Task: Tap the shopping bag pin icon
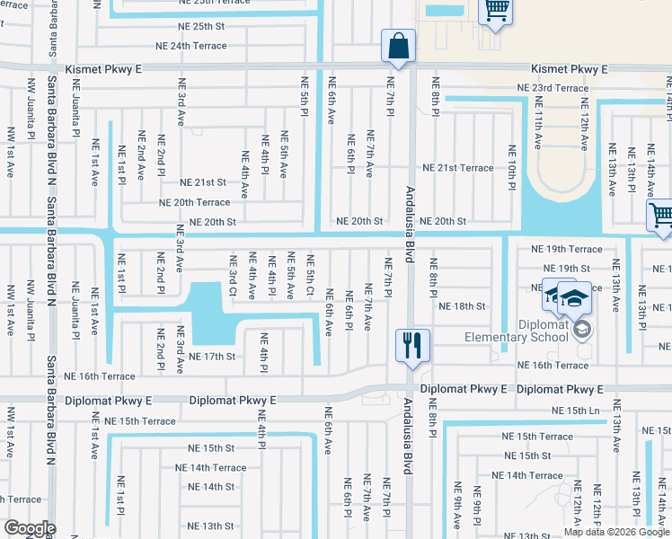(396, 46)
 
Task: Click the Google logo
(29, 528)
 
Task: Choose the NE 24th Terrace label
(191, 45)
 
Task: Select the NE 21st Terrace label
(457, 168)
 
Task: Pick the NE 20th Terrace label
(195, 203)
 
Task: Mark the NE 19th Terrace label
(566, 249)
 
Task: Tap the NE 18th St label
(462, 306)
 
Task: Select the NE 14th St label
(211, 487)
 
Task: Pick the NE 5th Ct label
(310, 279)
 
